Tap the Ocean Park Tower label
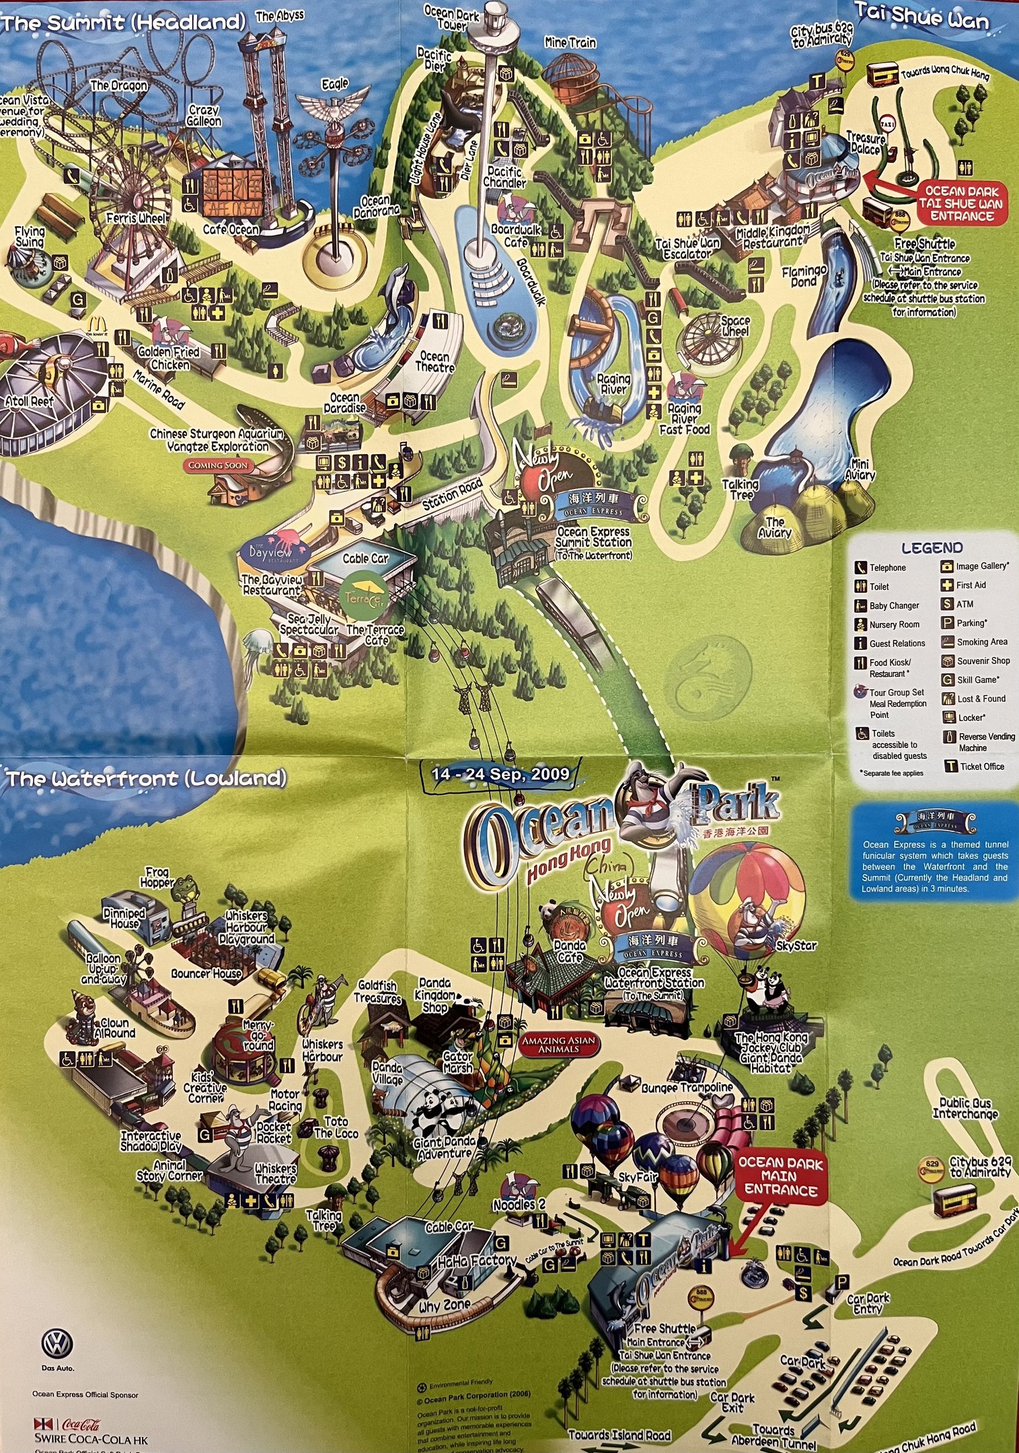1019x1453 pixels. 451,18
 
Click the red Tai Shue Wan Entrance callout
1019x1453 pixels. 962,203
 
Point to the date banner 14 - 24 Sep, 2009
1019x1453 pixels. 500,774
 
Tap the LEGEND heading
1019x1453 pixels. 932,548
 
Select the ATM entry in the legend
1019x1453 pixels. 964,604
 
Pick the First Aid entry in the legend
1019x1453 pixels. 970,585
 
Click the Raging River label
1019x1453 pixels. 613,383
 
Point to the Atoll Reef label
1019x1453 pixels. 29,402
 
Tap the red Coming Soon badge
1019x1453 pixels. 218,465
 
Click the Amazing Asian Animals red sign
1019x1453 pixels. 559,1043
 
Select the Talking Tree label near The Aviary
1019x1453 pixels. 740,489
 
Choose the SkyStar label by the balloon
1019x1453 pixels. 796,945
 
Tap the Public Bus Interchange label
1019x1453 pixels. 965,1108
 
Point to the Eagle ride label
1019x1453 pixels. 334,84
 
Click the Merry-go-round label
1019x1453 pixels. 258,1035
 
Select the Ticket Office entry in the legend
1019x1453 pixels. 981,766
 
